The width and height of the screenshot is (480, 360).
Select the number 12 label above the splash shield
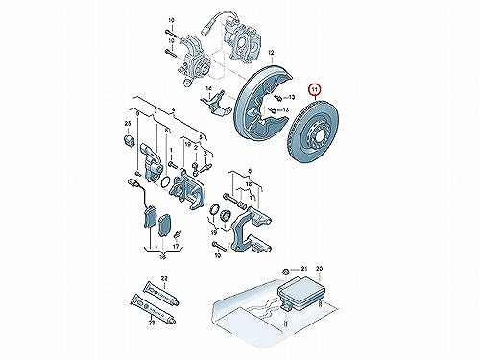point(272,52)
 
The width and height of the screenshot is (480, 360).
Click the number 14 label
point(209,88)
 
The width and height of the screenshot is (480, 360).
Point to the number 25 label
point(128,124)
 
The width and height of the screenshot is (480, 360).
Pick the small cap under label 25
point(128,141)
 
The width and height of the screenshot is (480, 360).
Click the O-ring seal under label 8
point(165,182)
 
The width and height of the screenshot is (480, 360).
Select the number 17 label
point(176,247)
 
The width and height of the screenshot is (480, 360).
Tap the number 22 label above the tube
point(164,278)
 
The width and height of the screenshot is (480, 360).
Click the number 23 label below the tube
point(152,324)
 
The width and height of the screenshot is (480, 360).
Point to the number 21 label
point(303,268)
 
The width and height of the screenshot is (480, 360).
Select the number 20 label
point(320,268)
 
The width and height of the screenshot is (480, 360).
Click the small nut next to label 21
point(285,272)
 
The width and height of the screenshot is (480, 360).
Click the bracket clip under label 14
point(215,103)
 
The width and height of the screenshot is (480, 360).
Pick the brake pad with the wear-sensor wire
point(149,218)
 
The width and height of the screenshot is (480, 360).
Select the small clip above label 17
point(177,234)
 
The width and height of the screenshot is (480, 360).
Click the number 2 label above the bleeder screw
point(196,147)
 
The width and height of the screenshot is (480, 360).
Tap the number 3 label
point(205,153)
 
